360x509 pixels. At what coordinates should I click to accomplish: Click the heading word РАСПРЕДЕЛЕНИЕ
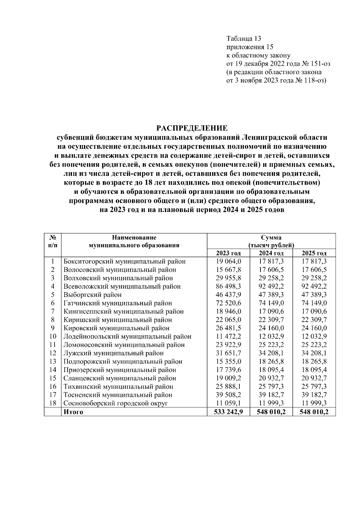[x=192, y=128]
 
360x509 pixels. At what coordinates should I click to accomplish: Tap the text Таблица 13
[x=244, y=39]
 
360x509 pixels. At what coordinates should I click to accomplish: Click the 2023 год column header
[x=228, y=253]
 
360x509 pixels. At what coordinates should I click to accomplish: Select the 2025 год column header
[x=314, y=253]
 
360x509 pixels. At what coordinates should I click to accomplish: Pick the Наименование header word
[x=134, y=238]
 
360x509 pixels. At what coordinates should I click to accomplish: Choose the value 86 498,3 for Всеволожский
[x=228, y=286]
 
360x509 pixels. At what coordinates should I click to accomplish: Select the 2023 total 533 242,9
[x=228, y=412]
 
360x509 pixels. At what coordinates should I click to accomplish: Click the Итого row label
[x=73, y=412]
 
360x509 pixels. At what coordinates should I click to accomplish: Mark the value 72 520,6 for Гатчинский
[x=228, y=303]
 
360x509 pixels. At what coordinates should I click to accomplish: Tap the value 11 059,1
[x=228, y=403]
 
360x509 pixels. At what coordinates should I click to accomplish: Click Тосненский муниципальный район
[x=118, y=395]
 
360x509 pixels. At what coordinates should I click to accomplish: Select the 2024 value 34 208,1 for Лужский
[x=271, y=353]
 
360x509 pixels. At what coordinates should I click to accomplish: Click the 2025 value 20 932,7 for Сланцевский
[x=314, y=378]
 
